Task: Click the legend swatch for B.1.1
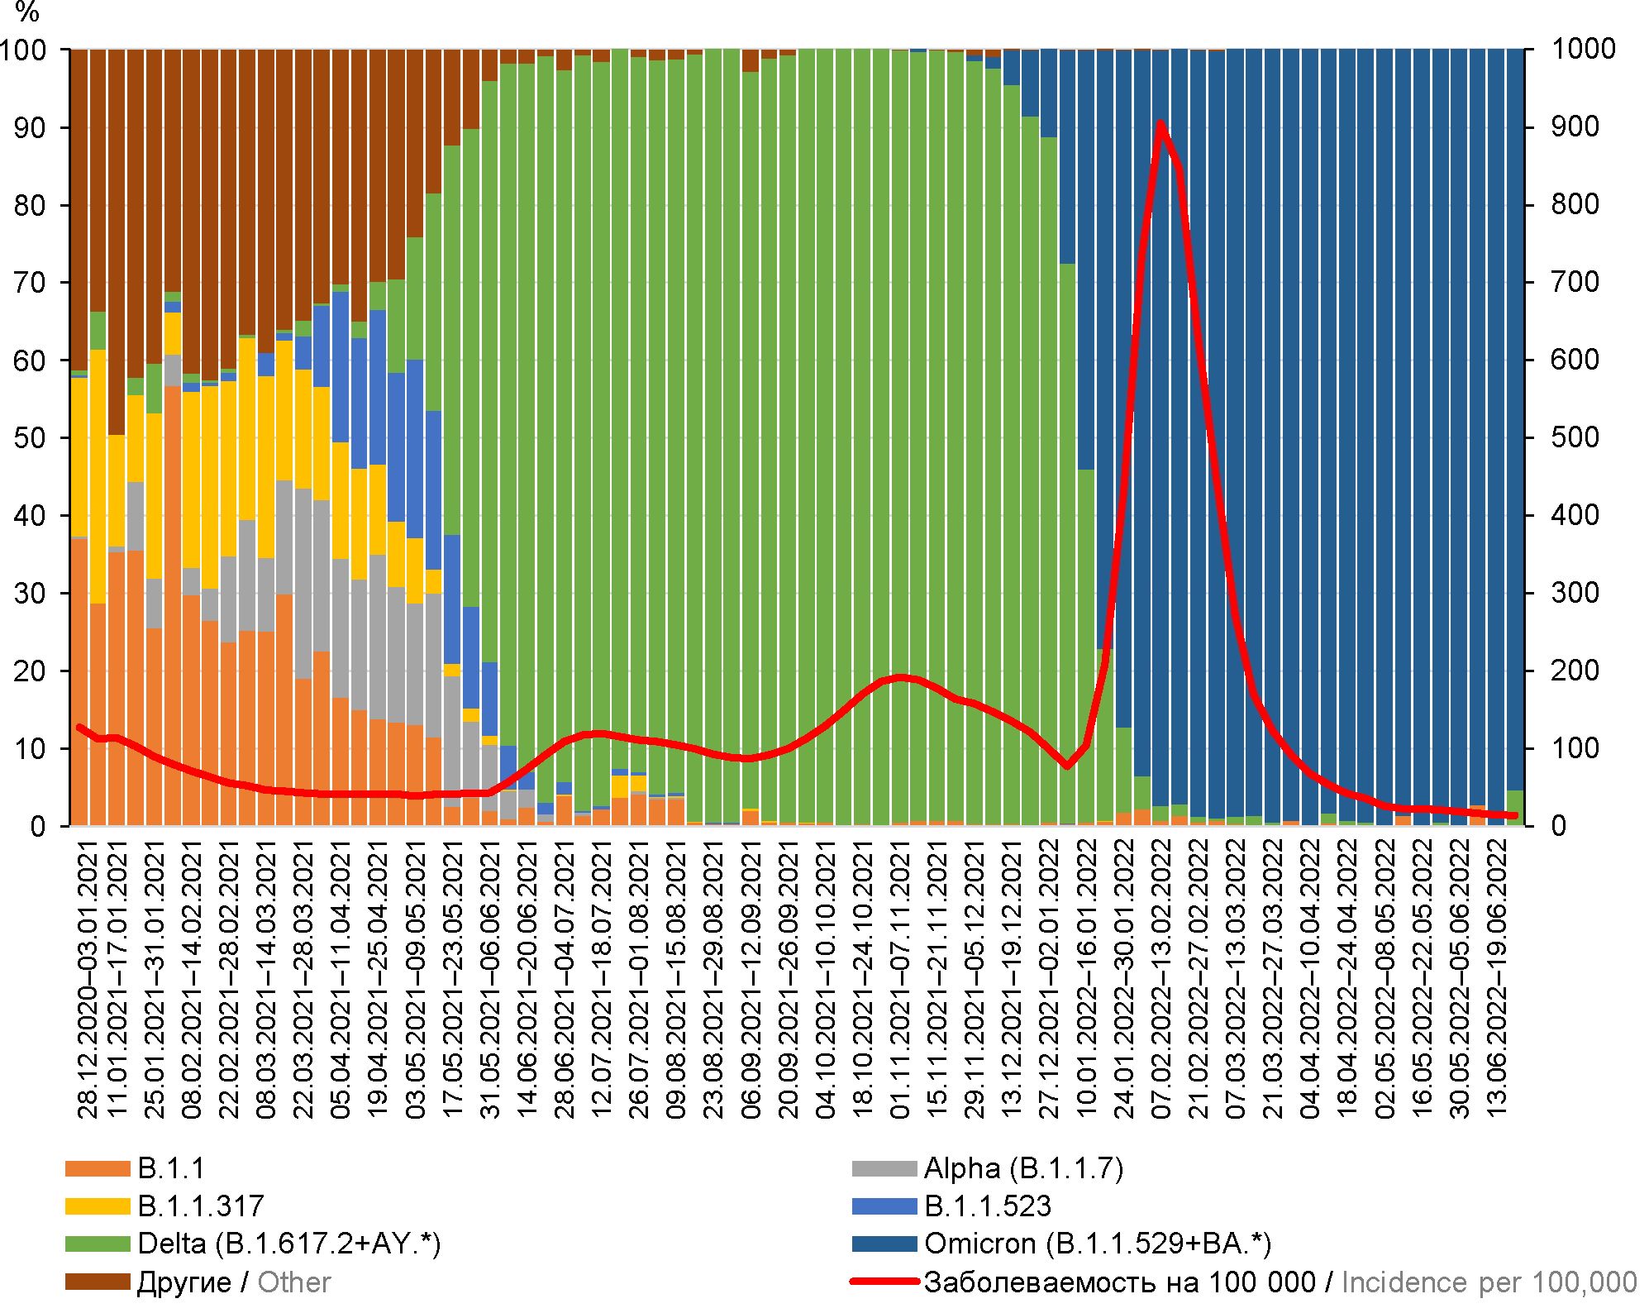[x=98, y=1168]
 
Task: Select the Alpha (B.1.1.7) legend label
[x=1023, y=1168]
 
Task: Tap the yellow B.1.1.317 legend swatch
[x=98, y=1206]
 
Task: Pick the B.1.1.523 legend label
[x=988, y=1206]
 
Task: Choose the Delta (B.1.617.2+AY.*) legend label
[x=289, y=1244]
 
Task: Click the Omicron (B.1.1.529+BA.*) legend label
[x=1098, y=1244]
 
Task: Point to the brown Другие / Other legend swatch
[x=98, y=1282]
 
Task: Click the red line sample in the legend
[x=884, y=1282]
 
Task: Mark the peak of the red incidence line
[x=1161, y=123]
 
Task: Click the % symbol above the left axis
[x=27, y=12]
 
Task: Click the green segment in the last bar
[x=1515, y=808]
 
